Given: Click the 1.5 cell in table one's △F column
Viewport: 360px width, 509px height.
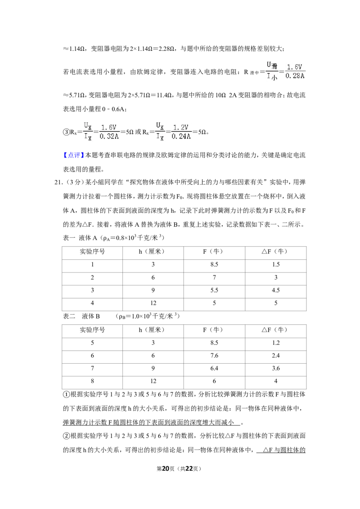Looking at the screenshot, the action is [276, 264].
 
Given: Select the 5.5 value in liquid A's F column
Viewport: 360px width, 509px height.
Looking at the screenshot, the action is [214, 290].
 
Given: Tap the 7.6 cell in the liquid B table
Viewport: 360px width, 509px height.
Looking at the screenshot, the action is [214, 356].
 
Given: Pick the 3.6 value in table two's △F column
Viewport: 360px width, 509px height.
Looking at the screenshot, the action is [276, 368].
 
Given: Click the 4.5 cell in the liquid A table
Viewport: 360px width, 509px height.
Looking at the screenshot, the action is [276, 290].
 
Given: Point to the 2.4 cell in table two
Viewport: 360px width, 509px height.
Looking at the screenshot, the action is [276, 356].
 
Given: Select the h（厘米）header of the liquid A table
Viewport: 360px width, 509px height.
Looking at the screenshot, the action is [153, 252].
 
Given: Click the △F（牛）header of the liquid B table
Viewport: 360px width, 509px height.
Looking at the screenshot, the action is [275, 330].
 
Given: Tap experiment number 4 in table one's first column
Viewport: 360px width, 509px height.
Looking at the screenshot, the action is [92, 303].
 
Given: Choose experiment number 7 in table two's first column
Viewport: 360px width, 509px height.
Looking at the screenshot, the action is [92, 368].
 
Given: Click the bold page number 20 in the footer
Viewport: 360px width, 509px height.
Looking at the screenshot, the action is [166, 469].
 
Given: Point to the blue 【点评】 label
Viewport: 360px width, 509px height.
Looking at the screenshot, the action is [74, 155].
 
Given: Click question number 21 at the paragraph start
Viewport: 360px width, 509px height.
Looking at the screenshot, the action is [59, 183].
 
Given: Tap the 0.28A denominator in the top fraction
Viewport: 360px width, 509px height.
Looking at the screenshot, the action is [295, 76].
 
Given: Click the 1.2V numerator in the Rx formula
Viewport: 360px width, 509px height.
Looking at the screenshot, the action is [180, 127].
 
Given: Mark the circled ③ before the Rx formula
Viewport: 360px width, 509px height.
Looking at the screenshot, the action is [66, 132].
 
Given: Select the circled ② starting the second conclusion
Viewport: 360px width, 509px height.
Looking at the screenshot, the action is [66, 436].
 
